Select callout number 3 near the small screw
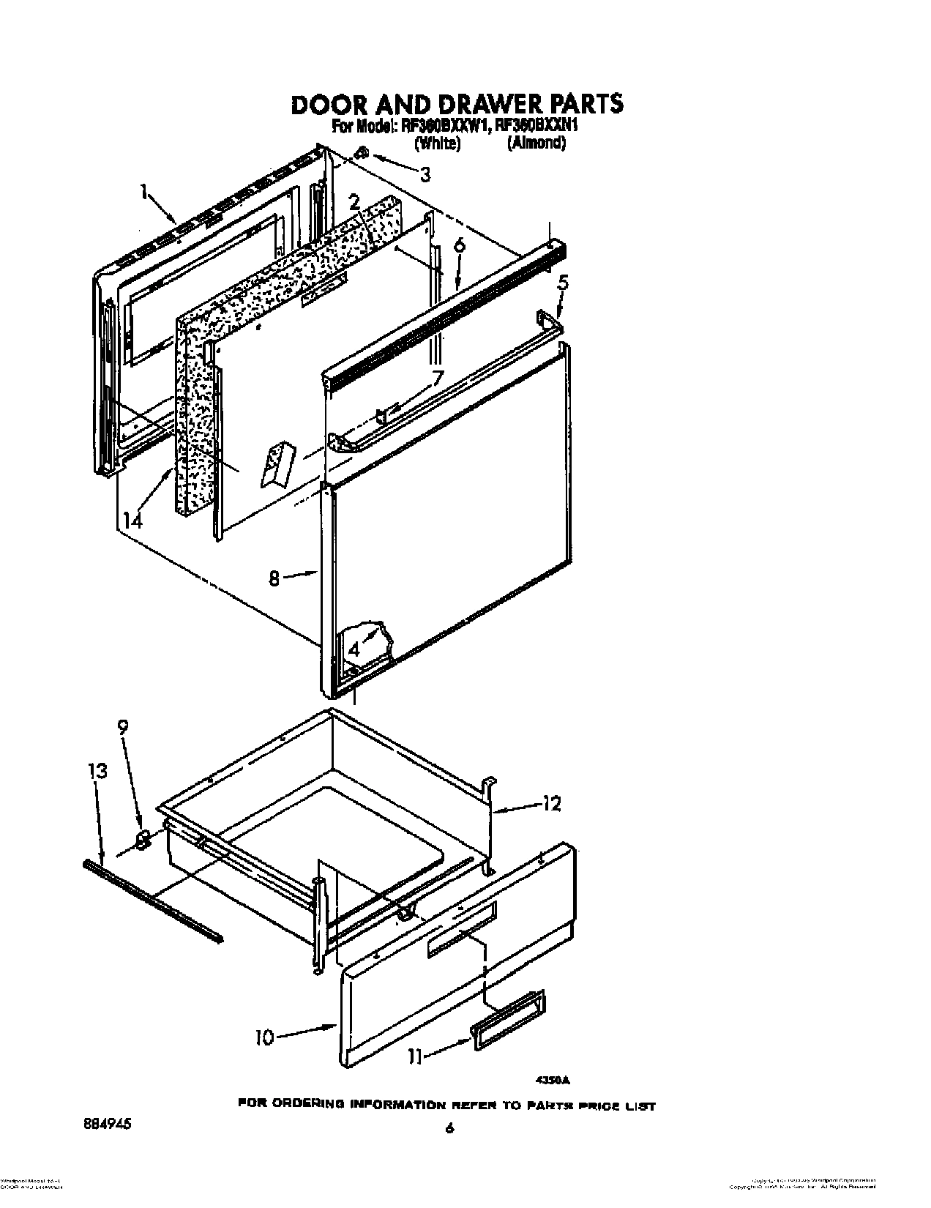coord(424,174)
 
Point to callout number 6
coord(459,247)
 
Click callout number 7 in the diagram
coord(437,379)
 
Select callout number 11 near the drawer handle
coord(415,1057)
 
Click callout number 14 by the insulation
coord(132,520)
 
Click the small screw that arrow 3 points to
coord(361,154)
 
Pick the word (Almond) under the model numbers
coord(536,144)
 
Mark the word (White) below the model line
coord(437,144)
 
